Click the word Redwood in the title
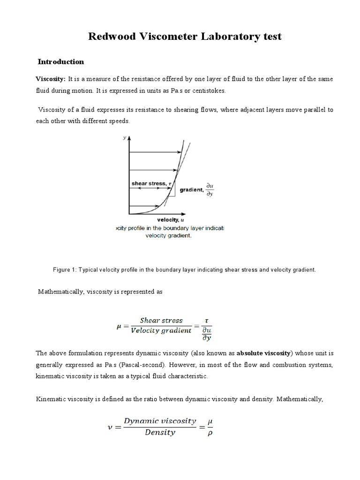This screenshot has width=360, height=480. point(113,36)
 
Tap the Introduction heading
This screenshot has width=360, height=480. point(60,61)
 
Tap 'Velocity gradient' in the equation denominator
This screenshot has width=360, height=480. point(161,330)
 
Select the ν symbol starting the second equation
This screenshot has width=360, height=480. point(111,426)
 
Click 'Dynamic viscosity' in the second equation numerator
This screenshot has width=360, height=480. point(160,421)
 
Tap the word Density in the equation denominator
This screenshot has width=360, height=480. point(160,432)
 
